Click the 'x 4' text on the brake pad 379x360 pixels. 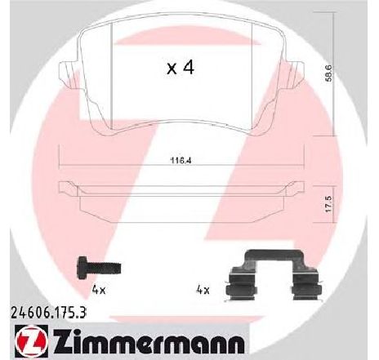(180, 69)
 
